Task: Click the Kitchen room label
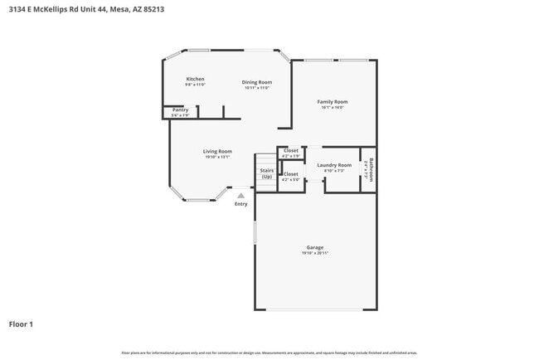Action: pos(195,79)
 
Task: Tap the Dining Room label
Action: pos(256,82)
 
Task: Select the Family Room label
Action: pos(333,101)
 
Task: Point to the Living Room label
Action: pos(217,151)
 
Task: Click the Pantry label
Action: pos(180,109)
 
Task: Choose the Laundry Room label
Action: pos(334,165)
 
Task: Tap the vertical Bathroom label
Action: pos(371,169)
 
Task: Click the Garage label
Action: pos(314,247)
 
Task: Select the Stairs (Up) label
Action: pos(266,173)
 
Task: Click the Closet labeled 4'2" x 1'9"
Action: pos(291,150)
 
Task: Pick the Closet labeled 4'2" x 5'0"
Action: pos(290,174)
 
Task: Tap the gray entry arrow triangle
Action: pos(240,196)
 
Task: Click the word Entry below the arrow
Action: pos(240,204)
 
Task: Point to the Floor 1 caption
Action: pos(22,324)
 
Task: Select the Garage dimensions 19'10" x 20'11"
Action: pos(314,253)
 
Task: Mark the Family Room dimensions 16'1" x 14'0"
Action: pos(333,107)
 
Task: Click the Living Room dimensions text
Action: pos(217,157)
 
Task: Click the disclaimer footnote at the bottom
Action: pos(269,353)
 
